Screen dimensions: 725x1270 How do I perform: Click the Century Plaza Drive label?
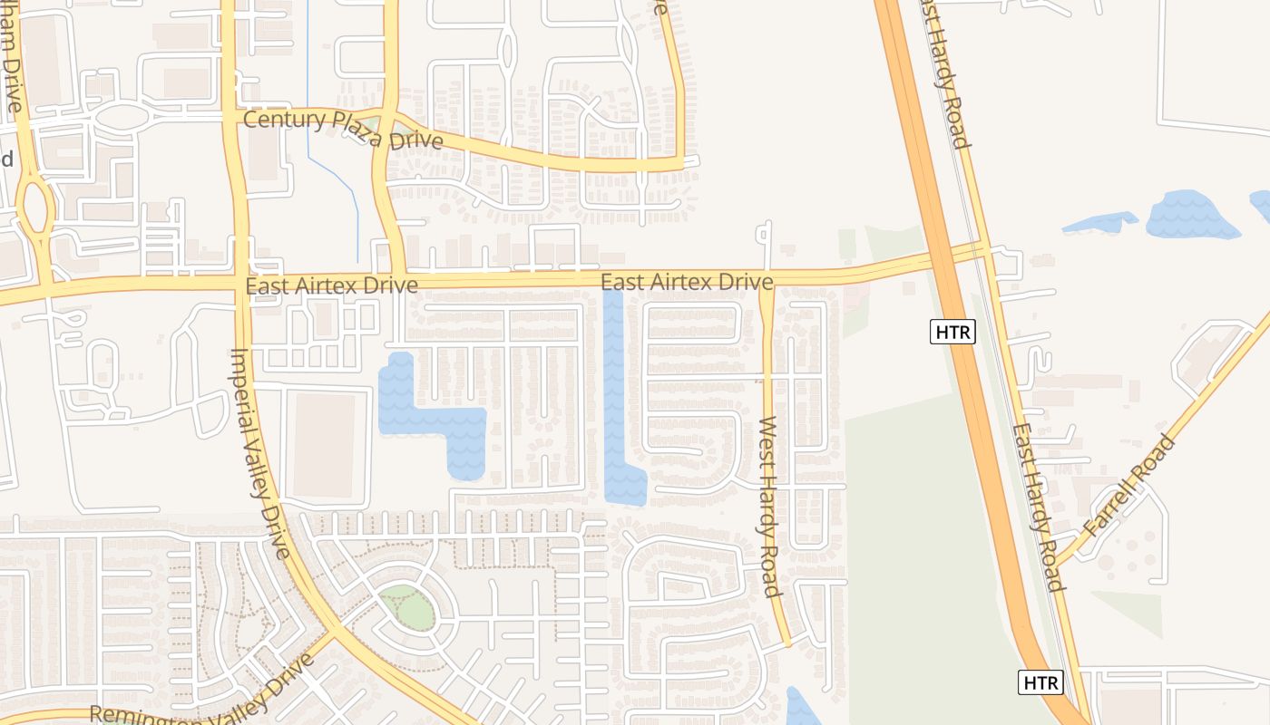coord(343,130)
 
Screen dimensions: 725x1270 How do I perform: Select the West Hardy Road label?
coord(770,507)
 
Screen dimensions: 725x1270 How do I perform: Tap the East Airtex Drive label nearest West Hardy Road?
coord(687,282)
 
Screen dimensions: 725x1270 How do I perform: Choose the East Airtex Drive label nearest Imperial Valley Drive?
coord(331,285)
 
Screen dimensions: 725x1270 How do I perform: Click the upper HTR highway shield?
coord(952,333)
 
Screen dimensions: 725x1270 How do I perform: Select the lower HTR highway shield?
coord(1040,682)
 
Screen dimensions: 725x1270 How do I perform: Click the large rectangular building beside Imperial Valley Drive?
coord(324,444)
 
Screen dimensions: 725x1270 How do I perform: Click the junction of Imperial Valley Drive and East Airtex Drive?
coord(240,284)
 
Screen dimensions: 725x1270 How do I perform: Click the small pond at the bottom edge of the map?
coord(800,708)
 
